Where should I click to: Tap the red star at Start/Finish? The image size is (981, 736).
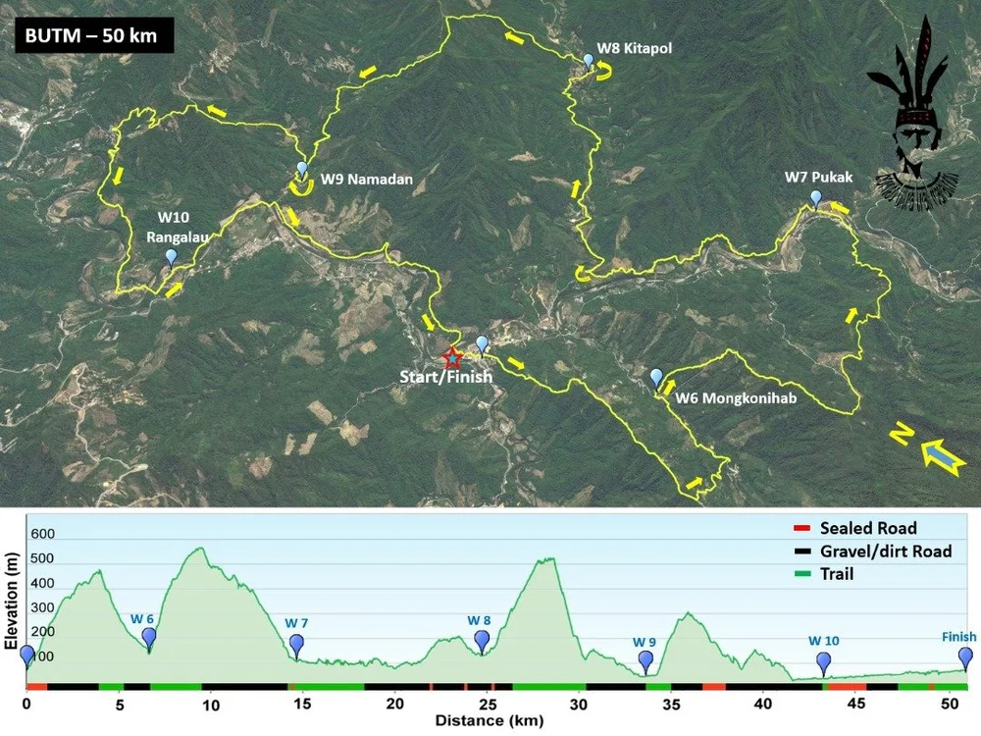click(x=451, y=357)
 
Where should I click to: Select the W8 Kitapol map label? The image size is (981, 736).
click(x=636, y=47)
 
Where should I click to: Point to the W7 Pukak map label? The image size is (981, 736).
click(x=819, y=178)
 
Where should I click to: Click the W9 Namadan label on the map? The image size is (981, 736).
click(x=367, y=180)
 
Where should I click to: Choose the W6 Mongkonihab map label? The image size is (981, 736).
click(x=735, y=399)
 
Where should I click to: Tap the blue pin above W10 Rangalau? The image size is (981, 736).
click(x=172, y=257)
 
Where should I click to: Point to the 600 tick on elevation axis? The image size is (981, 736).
click(x=43, y=535)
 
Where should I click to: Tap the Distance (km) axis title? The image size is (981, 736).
click(x=486, y=722)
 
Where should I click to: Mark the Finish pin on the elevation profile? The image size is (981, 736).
click(x=966, y=657)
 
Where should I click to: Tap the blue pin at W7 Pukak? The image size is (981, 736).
click(x=815, y=198)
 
